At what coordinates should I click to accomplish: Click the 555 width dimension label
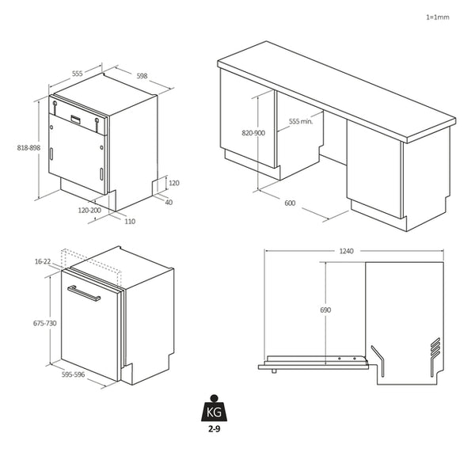pyautogui.click(x=78, y=73)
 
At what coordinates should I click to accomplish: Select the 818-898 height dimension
pyautogui.click(x=28, y=148)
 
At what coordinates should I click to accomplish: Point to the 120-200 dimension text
pyautogui.click(x=89, y=211)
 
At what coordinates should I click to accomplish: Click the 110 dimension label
pyautogui.click(x=129, y=221)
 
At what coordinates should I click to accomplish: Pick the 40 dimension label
pyautogui.click(x=168, y=202)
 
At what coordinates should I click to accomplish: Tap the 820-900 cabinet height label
pyautogui.click(x=253, y=133)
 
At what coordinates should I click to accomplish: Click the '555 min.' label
pyautogui.click(x=301, y=122)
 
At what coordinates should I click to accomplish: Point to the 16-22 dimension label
pyautogui.click(x=43, y=261)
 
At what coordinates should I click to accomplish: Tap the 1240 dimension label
pyautogui.click(x=346, y=251)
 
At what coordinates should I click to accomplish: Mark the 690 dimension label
pyautogui.click(x=325, y=310)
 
